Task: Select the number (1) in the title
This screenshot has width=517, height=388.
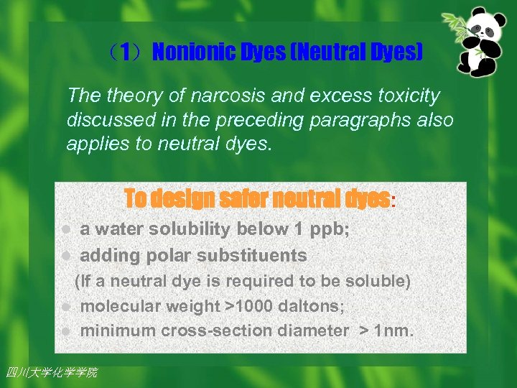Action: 125,52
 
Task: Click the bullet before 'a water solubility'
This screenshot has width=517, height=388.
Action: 65,230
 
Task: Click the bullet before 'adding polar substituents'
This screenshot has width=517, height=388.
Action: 65,256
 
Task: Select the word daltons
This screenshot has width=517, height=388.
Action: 312,306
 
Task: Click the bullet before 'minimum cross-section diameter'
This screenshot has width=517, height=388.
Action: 65,331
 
